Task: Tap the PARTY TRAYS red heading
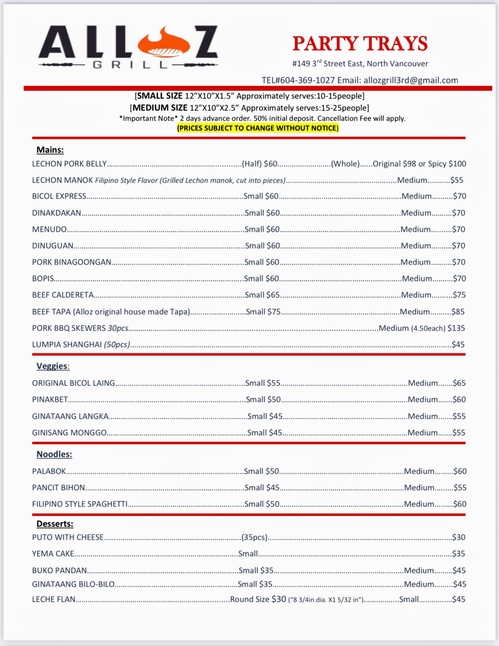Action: coord(360,43)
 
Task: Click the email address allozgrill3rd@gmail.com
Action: coord(411,80)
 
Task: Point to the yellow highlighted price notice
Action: coord(258,128)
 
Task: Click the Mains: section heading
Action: coord(50,150)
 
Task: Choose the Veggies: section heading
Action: coord(53,366)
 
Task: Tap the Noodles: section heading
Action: coord(54,454)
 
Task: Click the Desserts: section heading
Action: coord(55,524)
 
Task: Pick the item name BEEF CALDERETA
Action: coord(63,295)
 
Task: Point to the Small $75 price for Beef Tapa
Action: coord(263,311)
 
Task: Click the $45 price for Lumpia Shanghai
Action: coord(458,344)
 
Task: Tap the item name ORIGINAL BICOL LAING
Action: coord(74,383)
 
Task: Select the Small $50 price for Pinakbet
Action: coord(263,399)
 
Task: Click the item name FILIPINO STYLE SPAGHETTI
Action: coord(80,504)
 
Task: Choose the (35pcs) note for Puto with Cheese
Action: coord(255,537)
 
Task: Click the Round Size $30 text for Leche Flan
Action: coord(258,599)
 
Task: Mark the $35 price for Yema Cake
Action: coord(459,553)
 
